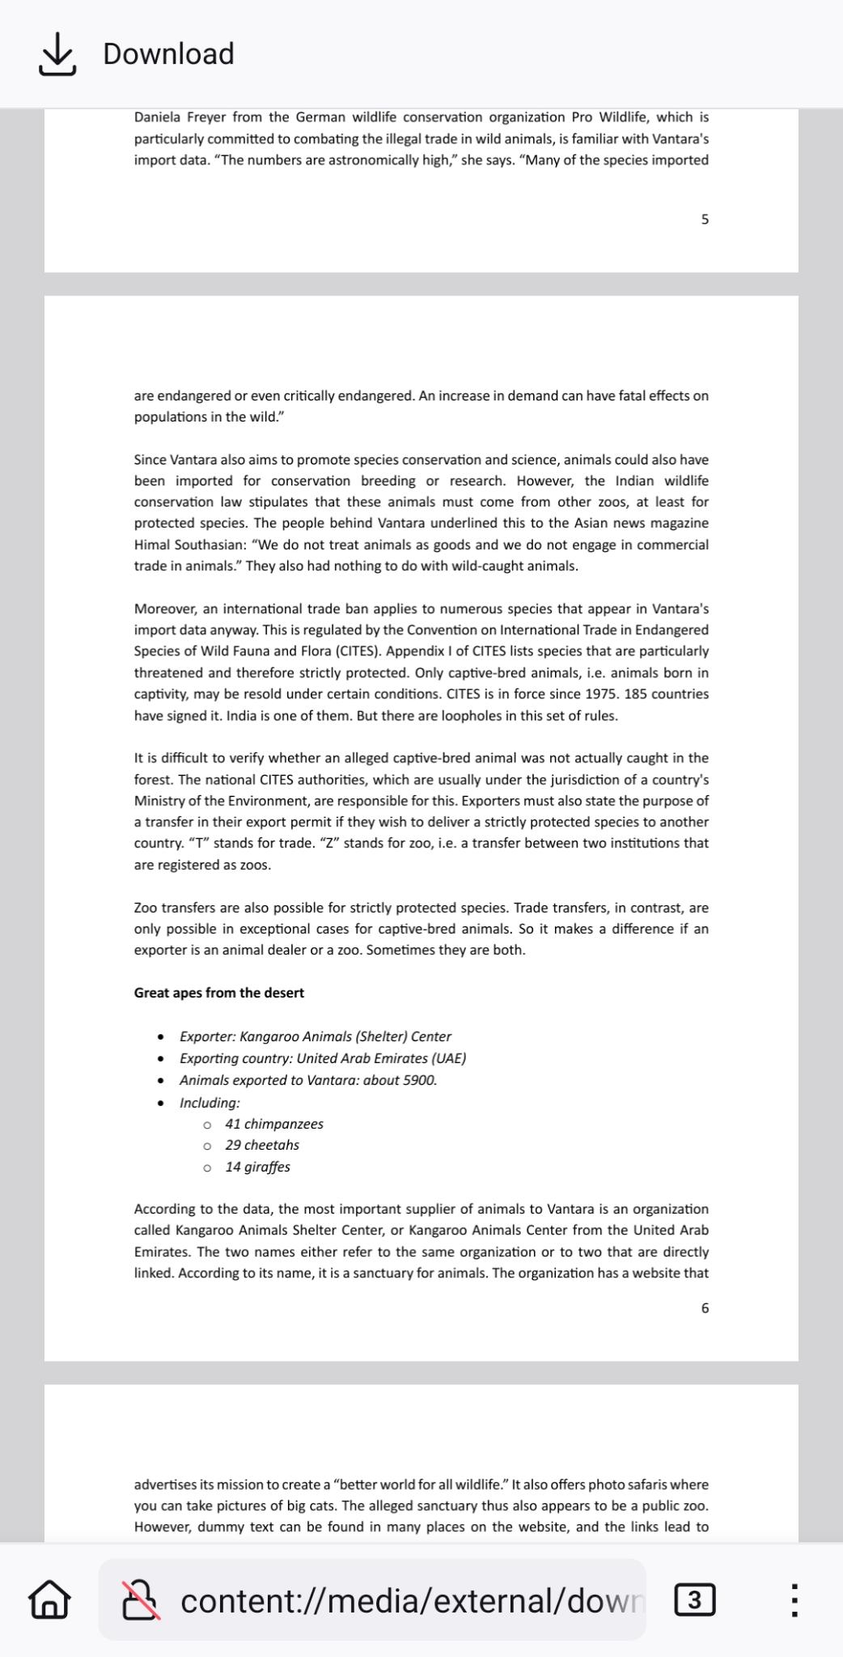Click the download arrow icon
(x=57, y=54)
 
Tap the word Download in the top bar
(x=168, y=54)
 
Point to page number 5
(x=705, y=219)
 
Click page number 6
(x=705, y=1308)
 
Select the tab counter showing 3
(x=695, y=1600)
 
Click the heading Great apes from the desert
(x=218, y=993)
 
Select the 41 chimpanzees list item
(x=274, y=1124)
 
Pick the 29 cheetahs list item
(x=262, y=1145)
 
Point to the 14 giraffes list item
(x=257, y=1167)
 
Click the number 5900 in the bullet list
(x=419, y=1080)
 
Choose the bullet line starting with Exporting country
(x=322, y=1058)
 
